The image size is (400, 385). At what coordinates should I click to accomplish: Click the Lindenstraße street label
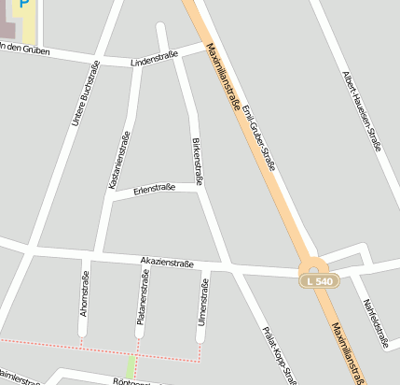pyautogui.click(x=155, y=60)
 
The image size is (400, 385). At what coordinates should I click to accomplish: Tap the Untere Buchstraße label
pyautogui.click(x=85, y=94)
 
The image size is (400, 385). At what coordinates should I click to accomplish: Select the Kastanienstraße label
pyautogui.click(x=119, y=161)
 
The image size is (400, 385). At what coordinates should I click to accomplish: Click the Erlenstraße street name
pyautogui.click(x=155, y=189)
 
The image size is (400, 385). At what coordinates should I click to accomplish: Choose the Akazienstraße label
pyautogui.click(x=167, y=264)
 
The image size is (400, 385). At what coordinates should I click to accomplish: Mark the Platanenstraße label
pyautogui.click(x=143, y=295)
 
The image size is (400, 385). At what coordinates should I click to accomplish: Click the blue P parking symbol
pyautogui.click(x=23, y=5)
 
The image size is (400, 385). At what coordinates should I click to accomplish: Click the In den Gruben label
pyautogui.click(x=21, y=47)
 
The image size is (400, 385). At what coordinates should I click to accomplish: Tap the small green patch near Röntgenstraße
pyautogui.click(x=131, y=366)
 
